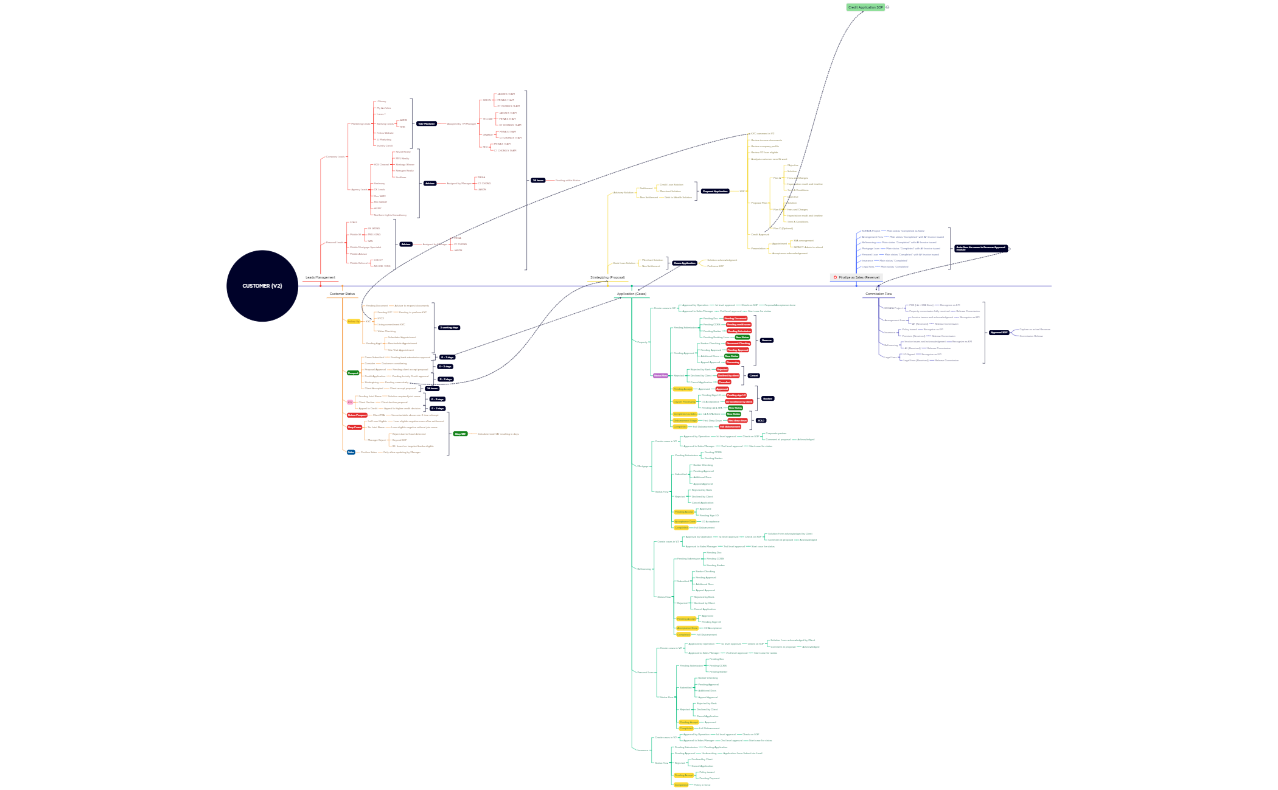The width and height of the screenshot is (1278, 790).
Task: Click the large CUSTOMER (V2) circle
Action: pyautogui.click(x=262, y=286)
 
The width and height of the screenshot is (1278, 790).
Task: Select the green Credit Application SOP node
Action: pyautogui.click(x=865, y=7)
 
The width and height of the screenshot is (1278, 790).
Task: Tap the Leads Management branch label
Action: pyautogui.click(x=320, y=277)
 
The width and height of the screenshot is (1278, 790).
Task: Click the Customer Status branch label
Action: pyautogui.click(x=342, y=294)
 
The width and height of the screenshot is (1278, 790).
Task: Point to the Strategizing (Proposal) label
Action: pyautogui.click(x=607, y=277)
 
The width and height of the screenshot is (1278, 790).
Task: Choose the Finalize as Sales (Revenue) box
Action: pyautogui.click(x=857, y=277)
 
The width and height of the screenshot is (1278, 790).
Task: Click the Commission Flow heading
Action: pyautogui.click(x=878, y=294)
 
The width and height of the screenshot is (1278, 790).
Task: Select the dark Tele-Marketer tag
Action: pyautogui.click(x=426, y=123)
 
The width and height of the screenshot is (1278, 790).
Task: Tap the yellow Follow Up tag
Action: pyautogui.click(x=353, y=322)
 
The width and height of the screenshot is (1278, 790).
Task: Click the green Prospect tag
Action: pyautogui.click(x=353, y=373)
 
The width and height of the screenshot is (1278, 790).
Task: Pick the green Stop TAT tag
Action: pyautogui.click(x=460, y=434)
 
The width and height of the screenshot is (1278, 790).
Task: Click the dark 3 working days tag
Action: pyautogui.click(x=449, y=328)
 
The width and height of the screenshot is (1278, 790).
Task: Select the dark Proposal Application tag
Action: pyautogui.click(x=715, y=191)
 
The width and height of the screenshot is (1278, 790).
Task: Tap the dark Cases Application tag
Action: pyautogui.click(x=685, y=263)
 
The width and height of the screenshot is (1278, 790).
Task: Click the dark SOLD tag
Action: pyautogui.click(x=761, y=420)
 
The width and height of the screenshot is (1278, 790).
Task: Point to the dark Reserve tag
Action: pyautogui.click(x=767, y=341)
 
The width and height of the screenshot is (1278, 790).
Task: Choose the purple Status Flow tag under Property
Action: pyautogui.click(x=660, y=376)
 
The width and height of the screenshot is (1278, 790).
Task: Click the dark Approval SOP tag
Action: pyautogui.click(x=999, y=333)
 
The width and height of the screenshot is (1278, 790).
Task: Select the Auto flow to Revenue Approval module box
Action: pyautogui.click(x=980, y=248)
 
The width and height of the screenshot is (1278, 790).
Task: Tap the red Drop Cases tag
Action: pyautogui.click(x=354, y=428)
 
